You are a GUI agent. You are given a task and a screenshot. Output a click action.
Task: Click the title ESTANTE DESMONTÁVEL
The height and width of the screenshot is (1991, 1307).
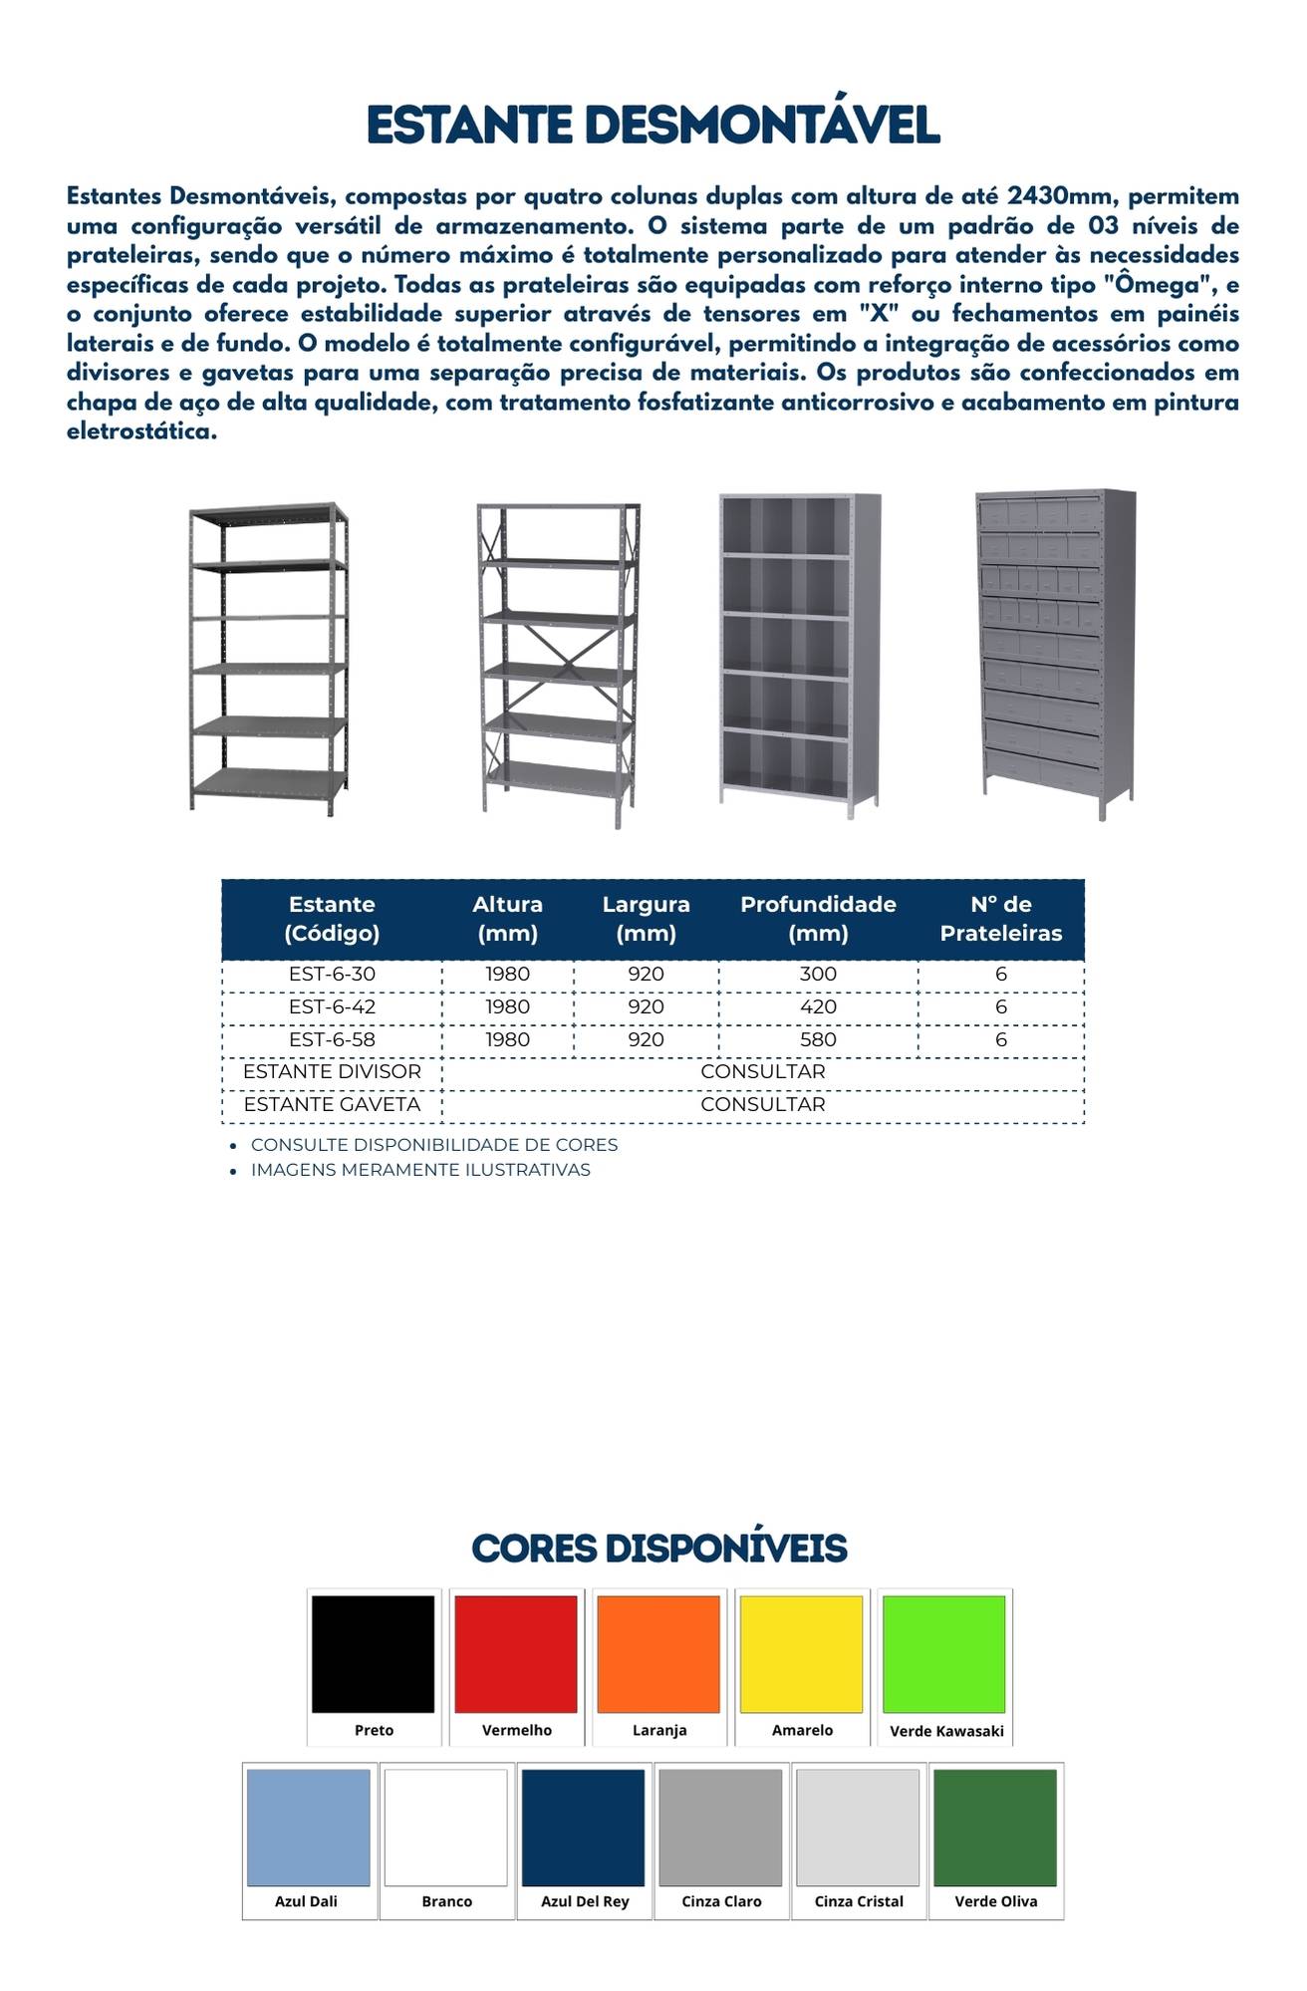(653, 126)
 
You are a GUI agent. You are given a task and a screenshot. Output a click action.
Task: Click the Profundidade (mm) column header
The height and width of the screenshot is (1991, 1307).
(818, 919)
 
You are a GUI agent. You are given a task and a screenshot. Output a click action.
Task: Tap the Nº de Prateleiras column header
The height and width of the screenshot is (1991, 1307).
(1000, 919)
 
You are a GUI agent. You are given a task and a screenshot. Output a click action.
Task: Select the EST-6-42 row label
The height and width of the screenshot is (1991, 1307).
(332, 1007)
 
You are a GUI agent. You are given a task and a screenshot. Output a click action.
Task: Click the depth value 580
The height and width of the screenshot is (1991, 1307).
(818, 1039)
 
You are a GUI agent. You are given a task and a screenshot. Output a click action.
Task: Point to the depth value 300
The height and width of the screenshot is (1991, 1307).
(818, 975)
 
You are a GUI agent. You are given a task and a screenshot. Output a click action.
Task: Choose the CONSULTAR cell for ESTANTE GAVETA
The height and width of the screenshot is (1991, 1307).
(762, 1104)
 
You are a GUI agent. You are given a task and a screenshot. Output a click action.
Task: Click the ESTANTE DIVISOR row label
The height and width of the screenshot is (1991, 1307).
(332, 1072)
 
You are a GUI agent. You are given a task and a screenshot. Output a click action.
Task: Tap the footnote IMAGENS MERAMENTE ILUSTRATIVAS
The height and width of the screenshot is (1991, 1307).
(420, 1170)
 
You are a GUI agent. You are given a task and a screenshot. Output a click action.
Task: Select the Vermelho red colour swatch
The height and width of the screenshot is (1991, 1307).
(516, 1654)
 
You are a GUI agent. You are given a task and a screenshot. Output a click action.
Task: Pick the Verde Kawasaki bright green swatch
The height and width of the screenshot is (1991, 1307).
(944, 1654)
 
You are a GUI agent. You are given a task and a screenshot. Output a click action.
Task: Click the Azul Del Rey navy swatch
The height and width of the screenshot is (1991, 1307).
(584, 1828)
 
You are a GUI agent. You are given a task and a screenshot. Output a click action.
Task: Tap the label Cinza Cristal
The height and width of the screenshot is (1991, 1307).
(859, 1901)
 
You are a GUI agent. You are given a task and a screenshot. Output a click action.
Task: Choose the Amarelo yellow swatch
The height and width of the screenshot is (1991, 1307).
(802, 1654)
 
